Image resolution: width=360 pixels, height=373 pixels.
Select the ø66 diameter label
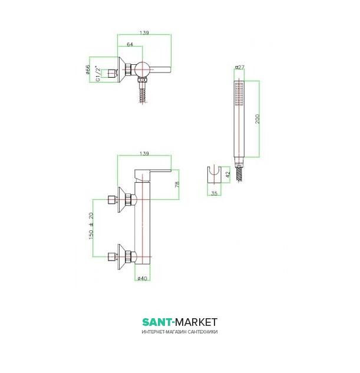tap(88, 70)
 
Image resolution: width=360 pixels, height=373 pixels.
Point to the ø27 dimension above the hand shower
tap(239, 68)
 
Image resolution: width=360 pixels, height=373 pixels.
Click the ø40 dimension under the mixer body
tap(142, 278)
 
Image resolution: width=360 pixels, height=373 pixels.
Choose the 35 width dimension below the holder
tap(214, 193)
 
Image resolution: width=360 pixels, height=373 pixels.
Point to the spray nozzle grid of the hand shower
tap(239, 94)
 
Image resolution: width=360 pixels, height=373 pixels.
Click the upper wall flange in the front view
tap(124, 199)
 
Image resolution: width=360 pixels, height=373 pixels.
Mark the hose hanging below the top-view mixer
tap(141, 93)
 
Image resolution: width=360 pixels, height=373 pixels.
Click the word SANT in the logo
tap(157, 322)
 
